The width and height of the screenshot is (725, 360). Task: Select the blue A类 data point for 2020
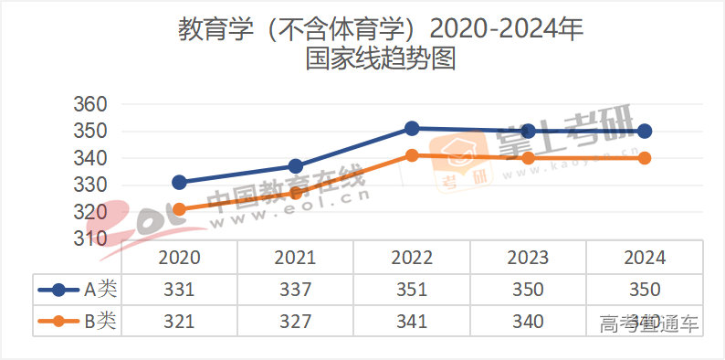[x=180, y=183]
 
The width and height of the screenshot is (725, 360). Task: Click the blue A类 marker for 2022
[x=412, y=129]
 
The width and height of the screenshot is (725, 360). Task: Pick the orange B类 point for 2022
[x=412, y=155]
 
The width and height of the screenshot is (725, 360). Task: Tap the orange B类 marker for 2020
[x=180, y=209]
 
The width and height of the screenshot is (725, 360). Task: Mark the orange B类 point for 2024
[x=645, y=158]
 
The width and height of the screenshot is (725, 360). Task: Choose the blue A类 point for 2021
[x=296, y=166]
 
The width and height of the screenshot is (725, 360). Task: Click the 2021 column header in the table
[x=296, y=258]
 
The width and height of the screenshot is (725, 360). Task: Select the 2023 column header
[x=528, y=258]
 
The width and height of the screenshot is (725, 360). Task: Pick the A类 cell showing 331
[x=180, y=290]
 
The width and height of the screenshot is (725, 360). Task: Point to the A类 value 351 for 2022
[x=412, y=290]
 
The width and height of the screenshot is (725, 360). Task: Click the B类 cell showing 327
[x=296, y=321]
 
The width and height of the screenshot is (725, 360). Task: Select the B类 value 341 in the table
[x=412, y=321]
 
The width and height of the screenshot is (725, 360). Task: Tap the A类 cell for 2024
[x=645, y=290]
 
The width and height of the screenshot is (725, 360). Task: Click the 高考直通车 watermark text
[x=649, y=323]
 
